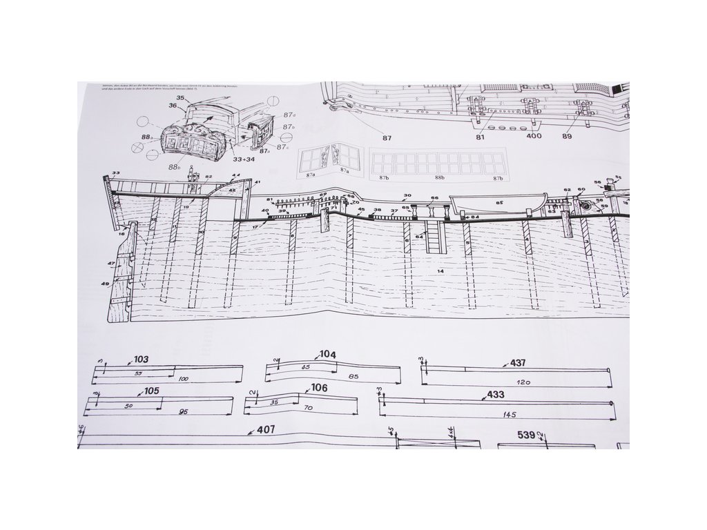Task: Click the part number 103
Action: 141,360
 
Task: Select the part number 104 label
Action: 327,355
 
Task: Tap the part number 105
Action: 152,391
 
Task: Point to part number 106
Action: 319,388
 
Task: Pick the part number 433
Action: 496,395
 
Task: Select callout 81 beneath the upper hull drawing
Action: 480,137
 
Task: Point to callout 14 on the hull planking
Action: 440,271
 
